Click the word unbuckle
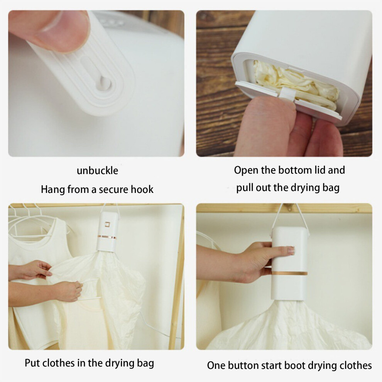[98, 171]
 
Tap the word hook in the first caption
[142, 189]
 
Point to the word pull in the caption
[245, 188]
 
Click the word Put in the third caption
[33, 363]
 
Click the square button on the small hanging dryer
[107, 224]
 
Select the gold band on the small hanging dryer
[107, 237]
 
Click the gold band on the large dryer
[289, 273]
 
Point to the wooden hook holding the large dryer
[289, 207]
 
